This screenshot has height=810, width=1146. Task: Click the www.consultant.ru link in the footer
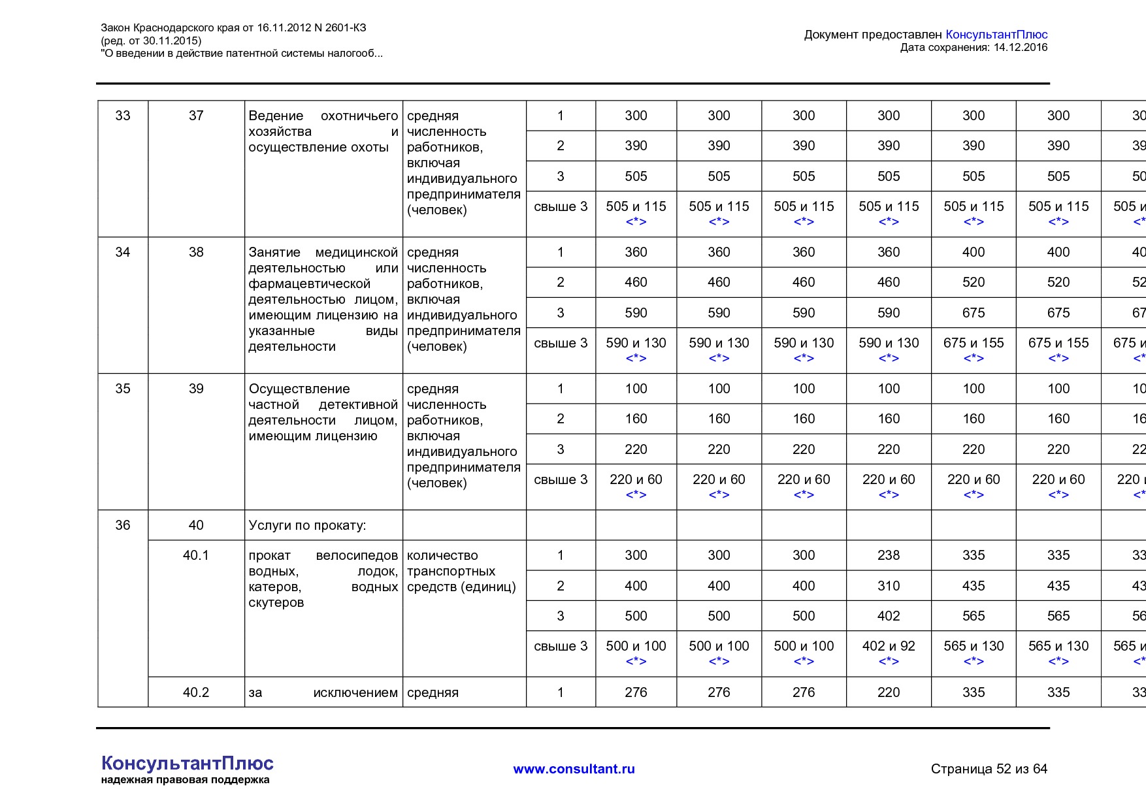[574, 769]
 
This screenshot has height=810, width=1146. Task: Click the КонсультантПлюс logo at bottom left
[188, 764]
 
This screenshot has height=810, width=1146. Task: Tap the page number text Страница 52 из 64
[989, 769]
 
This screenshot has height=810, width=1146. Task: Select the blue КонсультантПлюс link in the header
[996, 35]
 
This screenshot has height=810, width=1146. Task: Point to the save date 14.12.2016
[1020, 48]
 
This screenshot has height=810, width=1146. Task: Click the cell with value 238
[889, 555]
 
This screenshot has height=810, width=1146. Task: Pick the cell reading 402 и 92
[889, 646]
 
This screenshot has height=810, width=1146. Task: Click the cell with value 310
[889, 586]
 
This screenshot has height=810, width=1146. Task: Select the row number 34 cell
[123, 252]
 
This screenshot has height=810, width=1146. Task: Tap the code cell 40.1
[196, 555]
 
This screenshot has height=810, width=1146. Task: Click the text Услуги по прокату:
[307, 525]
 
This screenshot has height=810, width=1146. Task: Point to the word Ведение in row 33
[276, 116]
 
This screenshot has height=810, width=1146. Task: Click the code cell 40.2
[196, 692]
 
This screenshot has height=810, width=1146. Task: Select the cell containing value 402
[889, 616]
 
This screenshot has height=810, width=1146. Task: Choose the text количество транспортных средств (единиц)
[461, 571]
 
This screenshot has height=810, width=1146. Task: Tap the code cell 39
[196, 389]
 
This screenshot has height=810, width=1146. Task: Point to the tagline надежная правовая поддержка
[185, 780]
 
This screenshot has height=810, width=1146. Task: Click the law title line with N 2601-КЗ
[233, 27]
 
